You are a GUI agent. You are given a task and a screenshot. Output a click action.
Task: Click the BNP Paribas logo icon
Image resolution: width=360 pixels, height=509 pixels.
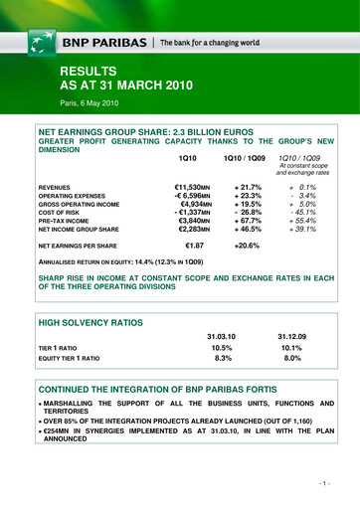(x=39, y=43)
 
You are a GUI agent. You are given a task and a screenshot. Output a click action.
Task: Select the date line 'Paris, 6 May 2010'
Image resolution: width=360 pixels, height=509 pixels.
(x=94, y=102)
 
